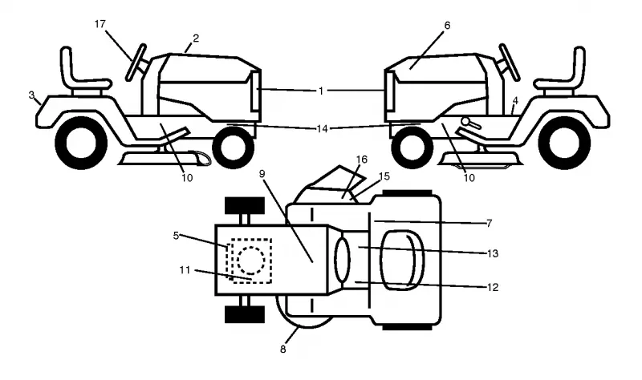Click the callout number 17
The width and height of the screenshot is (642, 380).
click(100, 24)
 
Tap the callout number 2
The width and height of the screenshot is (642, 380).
click(196, 38)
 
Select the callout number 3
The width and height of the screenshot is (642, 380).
click(31, 95)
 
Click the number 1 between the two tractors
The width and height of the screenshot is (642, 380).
click(321, 91)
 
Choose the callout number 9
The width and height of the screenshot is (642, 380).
click(262, 173)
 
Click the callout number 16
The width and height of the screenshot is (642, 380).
click(362, 160)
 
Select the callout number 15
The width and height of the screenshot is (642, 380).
click(384, 176)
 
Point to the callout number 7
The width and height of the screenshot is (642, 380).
click(489, 224)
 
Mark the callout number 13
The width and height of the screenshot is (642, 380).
click(493, 253)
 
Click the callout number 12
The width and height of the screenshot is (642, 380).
click(493, 287)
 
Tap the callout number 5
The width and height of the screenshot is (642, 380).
click(176, 236)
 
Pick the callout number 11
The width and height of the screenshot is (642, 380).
click(185, 270)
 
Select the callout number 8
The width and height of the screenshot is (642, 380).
click(283, 350)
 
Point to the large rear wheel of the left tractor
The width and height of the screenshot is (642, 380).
click(81, 143)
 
